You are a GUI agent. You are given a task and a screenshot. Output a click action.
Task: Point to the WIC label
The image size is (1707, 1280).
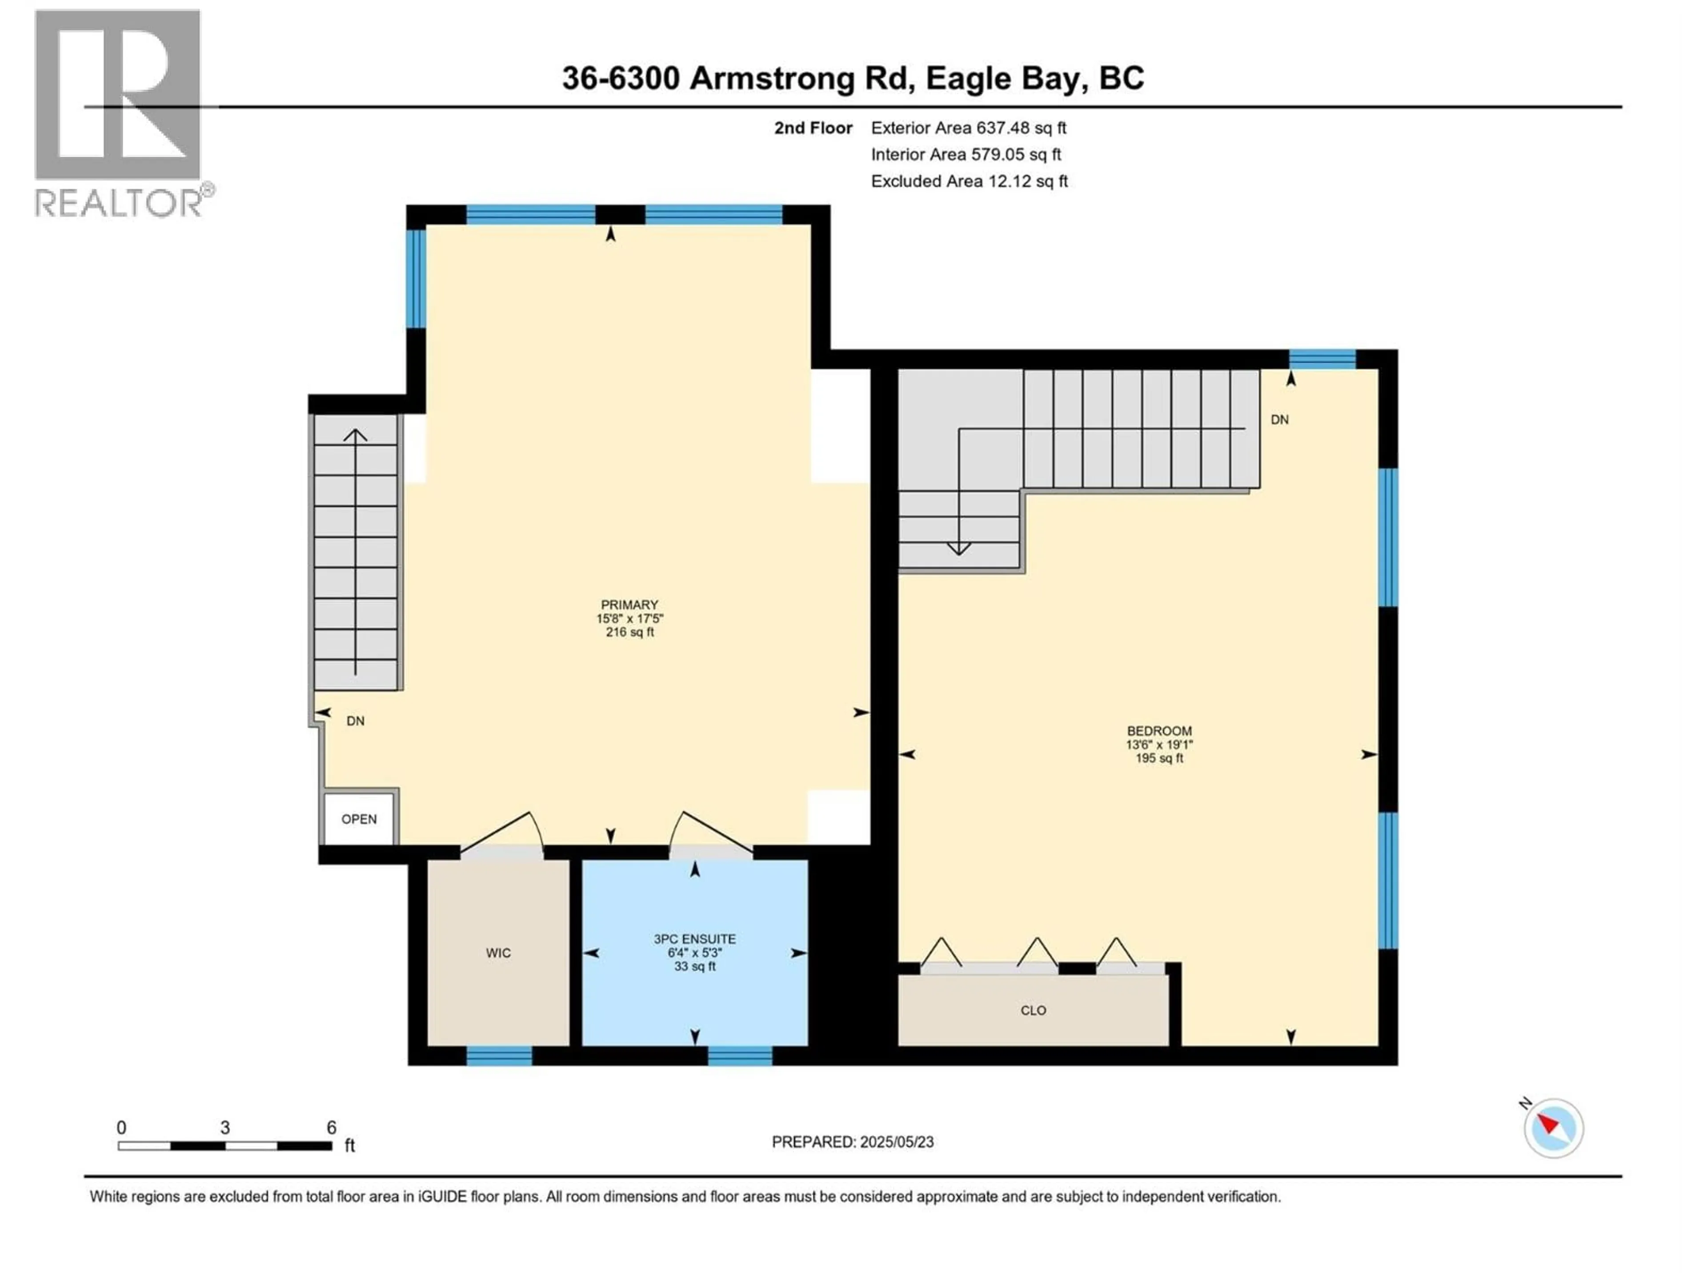tap(498, 953)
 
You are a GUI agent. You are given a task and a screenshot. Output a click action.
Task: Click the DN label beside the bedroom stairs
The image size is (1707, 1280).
tap(1279, 420)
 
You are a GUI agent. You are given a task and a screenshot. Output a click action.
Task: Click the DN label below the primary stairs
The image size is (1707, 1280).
tap(355, 720)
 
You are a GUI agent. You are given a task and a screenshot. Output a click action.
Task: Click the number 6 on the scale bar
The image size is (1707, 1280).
tap(331, 1127)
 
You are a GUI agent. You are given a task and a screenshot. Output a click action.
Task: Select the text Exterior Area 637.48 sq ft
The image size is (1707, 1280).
tap(969, 128)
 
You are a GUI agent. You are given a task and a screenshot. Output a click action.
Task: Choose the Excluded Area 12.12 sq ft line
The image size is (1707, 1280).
tap(969, 181)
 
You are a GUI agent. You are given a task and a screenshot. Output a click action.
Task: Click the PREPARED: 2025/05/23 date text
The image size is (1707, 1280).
tap(852, 1142)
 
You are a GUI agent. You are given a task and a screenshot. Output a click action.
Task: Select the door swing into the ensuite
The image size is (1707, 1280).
tap(710, 832)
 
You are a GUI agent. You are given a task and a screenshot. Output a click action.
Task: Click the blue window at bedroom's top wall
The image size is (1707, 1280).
tap(1322, 359)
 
